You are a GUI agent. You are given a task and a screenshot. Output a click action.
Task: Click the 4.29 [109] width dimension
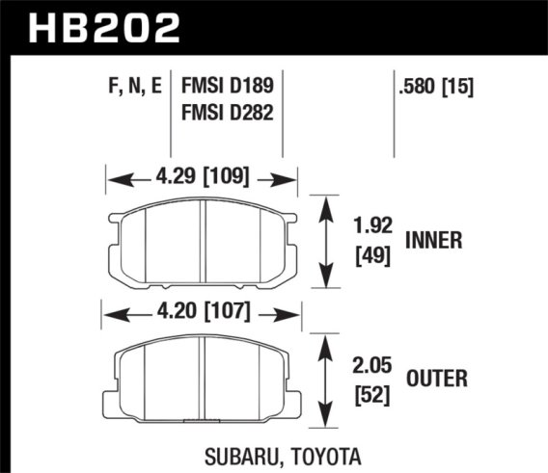tap(201, 177)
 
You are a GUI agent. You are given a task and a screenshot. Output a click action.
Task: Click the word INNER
tap(437, 242)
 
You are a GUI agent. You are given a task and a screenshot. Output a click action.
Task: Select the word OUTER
tap(437, 381)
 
